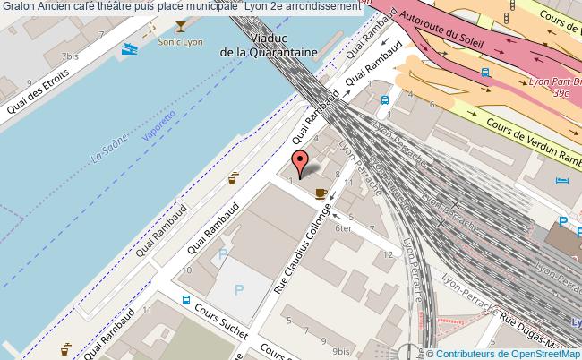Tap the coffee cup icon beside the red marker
(x=321, y=192)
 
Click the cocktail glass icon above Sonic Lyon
(x=183, y=27)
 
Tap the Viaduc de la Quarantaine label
(x=269, y=46)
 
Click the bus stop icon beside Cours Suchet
(x=185, y=301)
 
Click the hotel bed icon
(x=561, y=183)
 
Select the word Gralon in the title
(x=17, y=8)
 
